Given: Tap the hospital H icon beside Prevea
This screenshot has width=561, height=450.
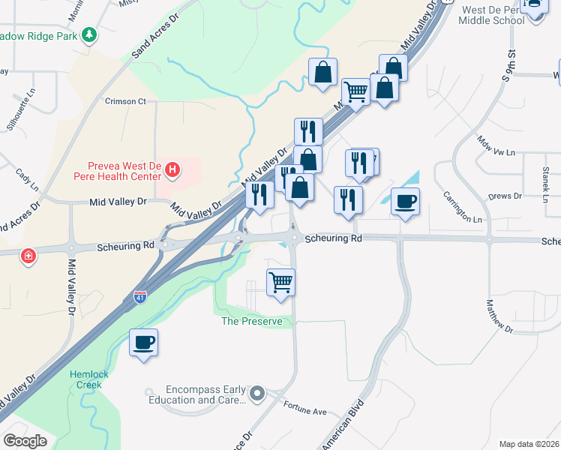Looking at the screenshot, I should coord(173,169).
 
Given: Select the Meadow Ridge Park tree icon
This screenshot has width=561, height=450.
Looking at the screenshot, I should coord(90,35).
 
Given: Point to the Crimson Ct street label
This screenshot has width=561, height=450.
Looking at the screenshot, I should coord(124,101).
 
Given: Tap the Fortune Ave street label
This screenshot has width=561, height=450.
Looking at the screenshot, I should coord(305,411).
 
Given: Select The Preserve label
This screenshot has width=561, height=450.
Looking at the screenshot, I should coord(251,322).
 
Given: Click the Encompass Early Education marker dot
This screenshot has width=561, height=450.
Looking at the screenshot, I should coord(258,393).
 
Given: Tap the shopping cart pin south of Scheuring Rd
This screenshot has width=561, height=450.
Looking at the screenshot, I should coord(281,283).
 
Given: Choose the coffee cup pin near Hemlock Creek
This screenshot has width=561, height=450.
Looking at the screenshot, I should coord(143,343).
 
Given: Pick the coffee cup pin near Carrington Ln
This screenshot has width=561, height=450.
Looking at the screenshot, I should coord(405,202).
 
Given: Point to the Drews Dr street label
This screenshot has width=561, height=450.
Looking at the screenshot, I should coord(504,196).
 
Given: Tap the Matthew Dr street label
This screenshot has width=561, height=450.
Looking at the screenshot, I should coord(498,316).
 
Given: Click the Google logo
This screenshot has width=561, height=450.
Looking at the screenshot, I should coord(25,441).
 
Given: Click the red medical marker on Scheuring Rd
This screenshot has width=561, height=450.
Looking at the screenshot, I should coord(28,256).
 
